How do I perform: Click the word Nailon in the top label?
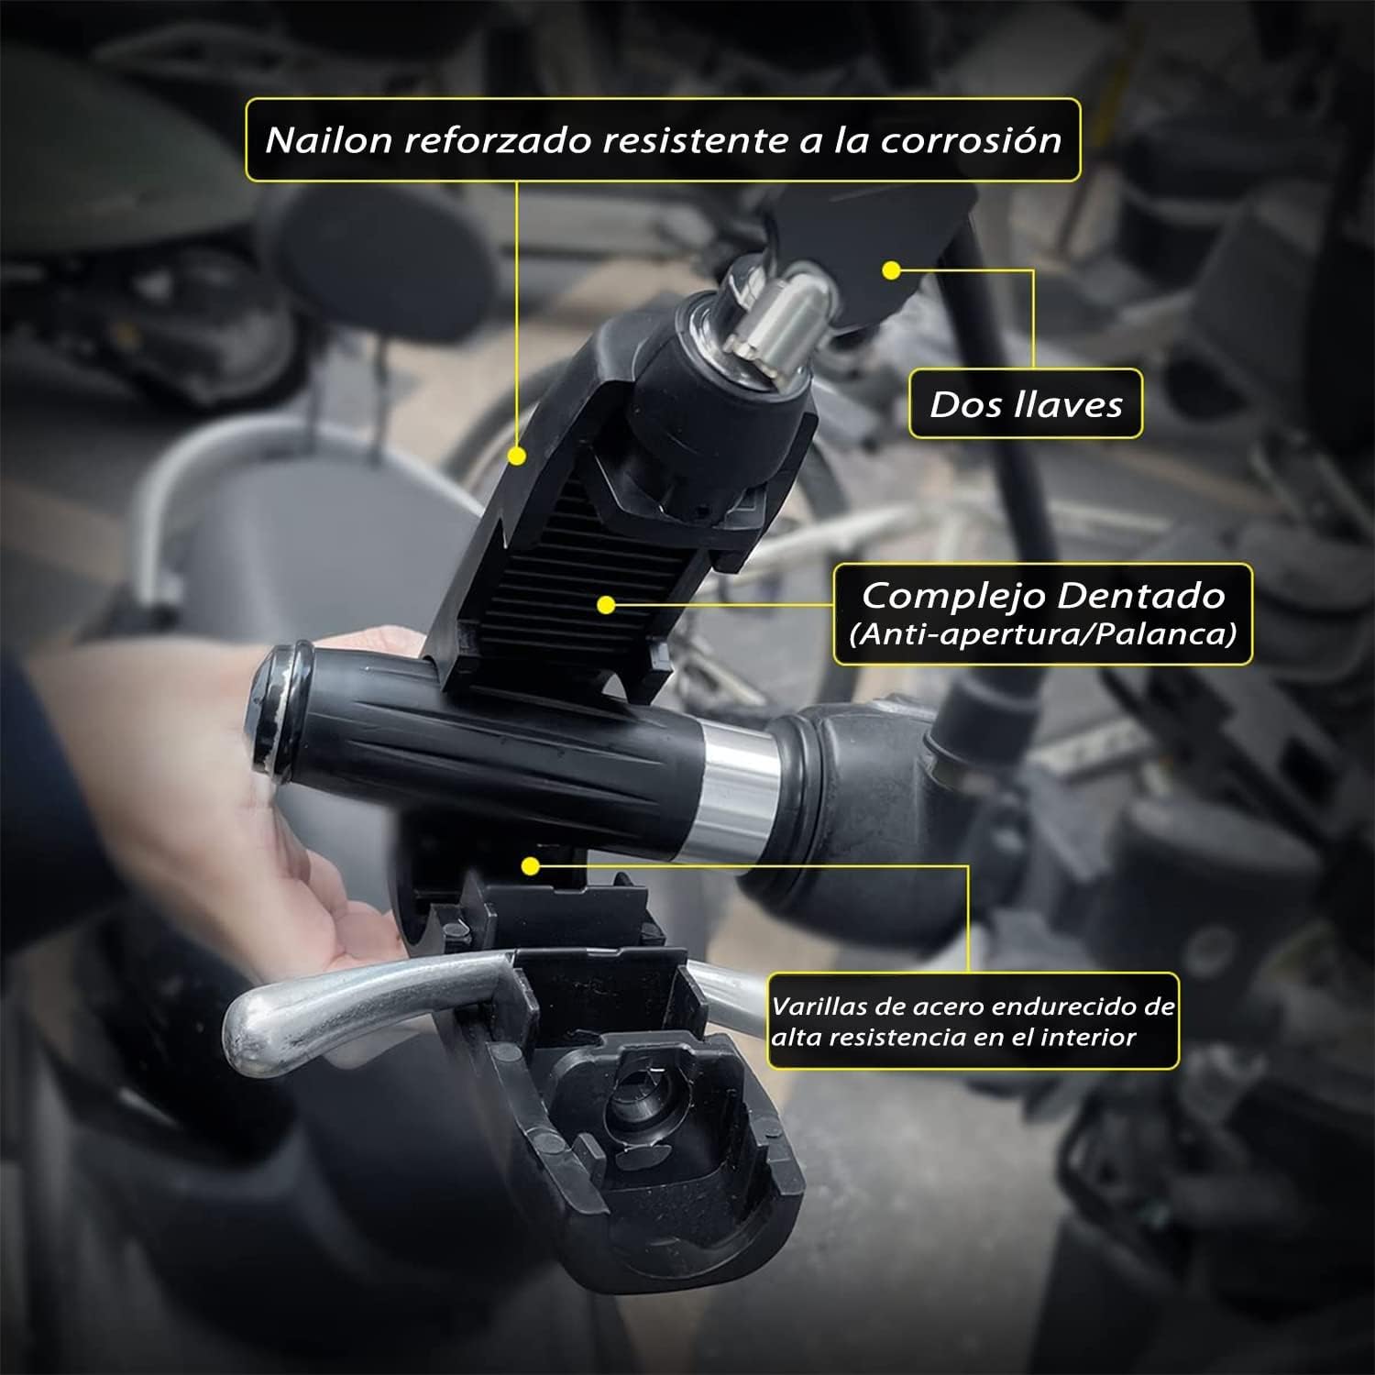pos(327,140)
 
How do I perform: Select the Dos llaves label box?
pos(1025,403)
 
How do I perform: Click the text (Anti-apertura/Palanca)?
pos(1042,633)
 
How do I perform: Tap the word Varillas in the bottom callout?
pos(819,1006)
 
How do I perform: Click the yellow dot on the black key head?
pos(889,269)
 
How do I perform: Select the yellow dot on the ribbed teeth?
pos(604,604)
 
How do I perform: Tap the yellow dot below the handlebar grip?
pos(529,864)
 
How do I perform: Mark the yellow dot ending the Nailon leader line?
pos(517,455)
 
